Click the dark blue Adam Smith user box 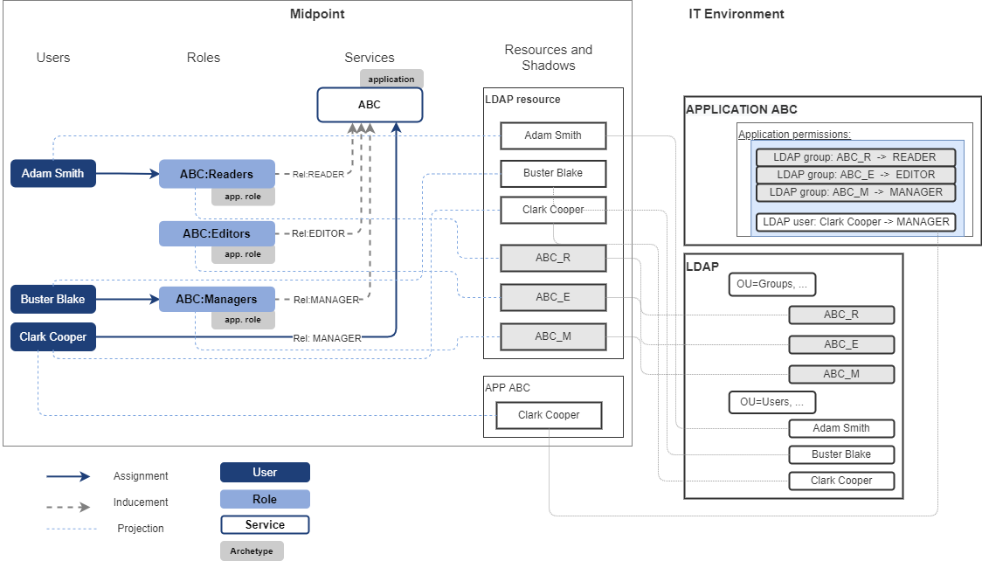(x=52, y=173)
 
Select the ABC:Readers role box (x=217, y=174)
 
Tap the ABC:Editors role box (x=217, y=233)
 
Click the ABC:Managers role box (x=217, y=299)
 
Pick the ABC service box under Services (x=370, y=105)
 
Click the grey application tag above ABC (x=391, y=79)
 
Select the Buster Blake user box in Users (x=52, y=299)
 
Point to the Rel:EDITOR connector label (x=318, y=233)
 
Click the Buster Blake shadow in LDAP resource (x=552, y=173)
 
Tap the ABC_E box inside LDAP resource (x=552, y=297)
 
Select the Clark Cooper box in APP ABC (x=549, y=415)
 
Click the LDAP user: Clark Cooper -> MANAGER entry (x=855, y=222)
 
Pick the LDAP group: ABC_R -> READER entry (x=854, y=157)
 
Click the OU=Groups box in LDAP (x=772, y=284)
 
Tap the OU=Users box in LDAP (x=772, y=402)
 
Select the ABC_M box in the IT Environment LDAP (x=840, y=374)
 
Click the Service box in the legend (x=265, y=525)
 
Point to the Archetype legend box (x=252, y=551)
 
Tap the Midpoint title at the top (x=317, y=14)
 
